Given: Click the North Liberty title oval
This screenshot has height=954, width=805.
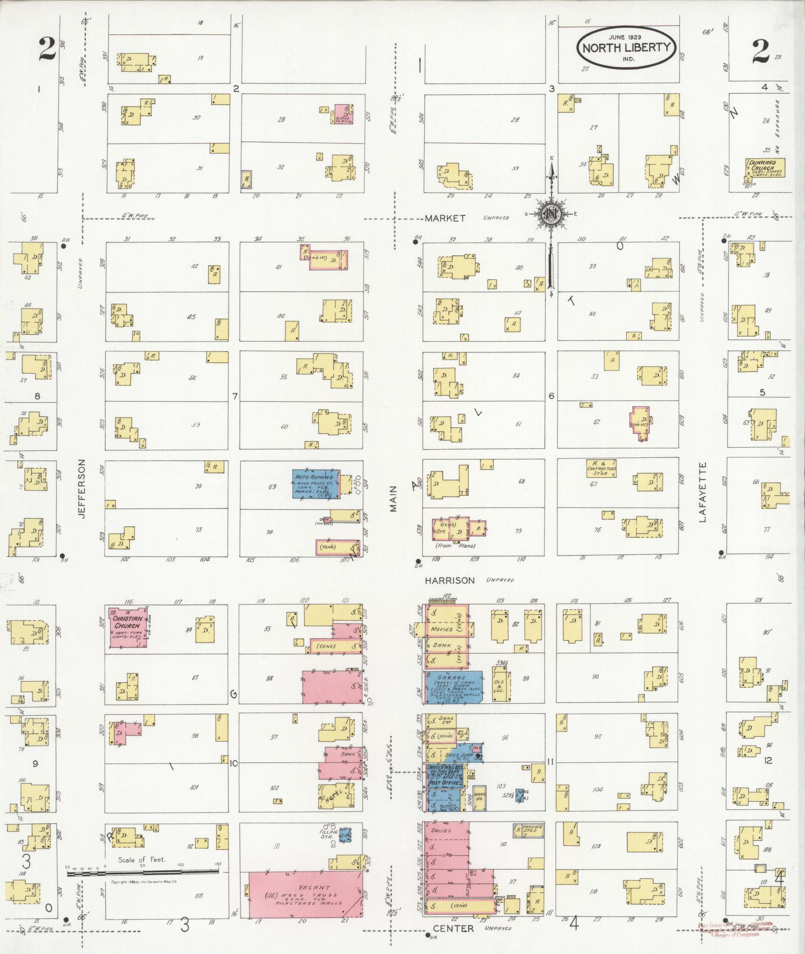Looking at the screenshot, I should pos(626,48).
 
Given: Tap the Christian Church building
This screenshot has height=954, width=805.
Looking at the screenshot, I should pos(128,626).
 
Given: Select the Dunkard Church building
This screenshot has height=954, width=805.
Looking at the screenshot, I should pos(764,168).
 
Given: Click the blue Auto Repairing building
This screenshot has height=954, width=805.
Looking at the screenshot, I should pos(316,483).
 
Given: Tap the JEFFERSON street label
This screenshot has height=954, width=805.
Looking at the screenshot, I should pos(82,489).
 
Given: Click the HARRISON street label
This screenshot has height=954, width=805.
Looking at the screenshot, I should pos(450,580).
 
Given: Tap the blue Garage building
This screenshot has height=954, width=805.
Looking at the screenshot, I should pos(453,687).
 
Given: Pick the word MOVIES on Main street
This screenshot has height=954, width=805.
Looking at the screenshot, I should pos(442,629).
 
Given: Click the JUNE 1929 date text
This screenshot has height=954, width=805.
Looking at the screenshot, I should pos(625,37).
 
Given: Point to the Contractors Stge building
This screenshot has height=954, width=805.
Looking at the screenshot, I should pos(601,469).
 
